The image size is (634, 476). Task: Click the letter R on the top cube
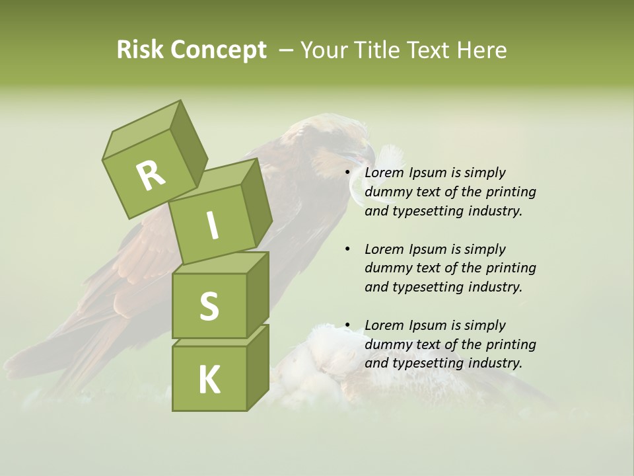point(151,176)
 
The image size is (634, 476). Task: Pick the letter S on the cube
point(209,306)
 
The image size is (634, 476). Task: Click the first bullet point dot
point(347,173)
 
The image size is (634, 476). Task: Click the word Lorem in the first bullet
point(385,173)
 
